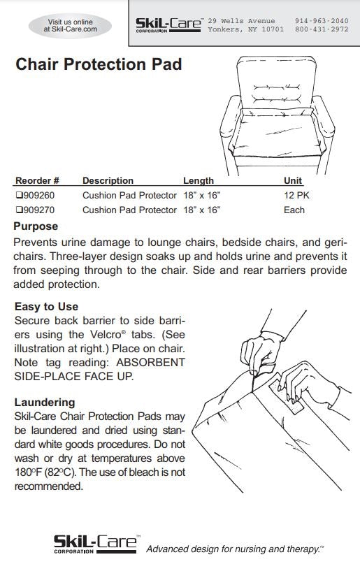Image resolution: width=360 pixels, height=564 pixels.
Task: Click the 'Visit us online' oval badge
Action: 70,26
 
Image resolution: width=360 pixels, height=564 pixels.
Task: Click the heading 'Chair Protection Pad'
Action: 99,65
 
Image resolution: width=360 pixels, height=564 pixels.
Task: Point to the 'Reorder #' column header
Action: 37,180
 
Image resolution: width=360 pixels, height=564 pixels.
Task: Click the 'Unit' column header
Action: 293,180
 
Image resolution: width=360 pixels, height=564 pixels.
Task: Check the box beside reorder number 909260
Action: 19,196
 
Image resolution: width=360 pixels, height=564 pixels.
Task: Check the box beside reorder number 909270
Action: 19,210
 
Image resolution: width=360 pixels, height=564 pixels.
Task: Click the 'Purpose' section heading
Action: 36,226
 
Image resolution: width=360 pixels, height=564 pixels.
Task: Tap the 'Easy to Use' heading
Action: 46,306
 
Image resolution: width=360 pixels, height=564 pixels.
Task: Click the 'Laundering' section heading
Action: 44,402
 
